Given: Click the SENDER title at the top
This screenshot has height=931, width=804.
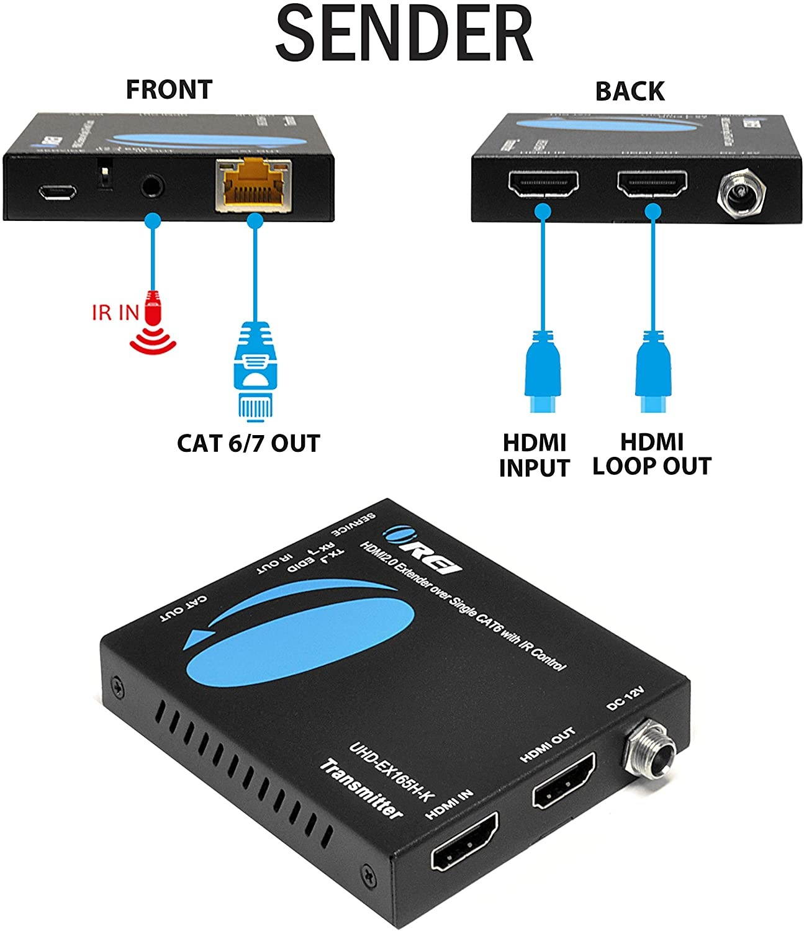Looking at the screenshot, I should (x=404, y=34).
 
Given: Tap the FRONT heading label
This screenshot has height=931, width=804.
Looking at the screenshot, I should (x=169, y=89).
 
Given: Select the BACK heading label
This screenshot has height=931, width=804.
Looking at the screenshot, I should (x=630, y=91).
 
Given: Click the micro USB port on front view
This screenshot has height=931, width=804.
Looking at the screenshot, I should (x=56, y=192).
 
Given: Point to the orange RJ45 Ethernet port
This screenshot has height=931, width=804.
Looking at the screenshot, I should (x=253, y=184).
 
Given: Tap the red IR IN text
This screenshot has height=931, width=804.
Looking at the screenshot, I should (x=115, y=312).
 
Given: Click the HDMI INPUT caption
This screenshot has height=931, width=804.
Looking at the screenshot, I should (x=534, y=455).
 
